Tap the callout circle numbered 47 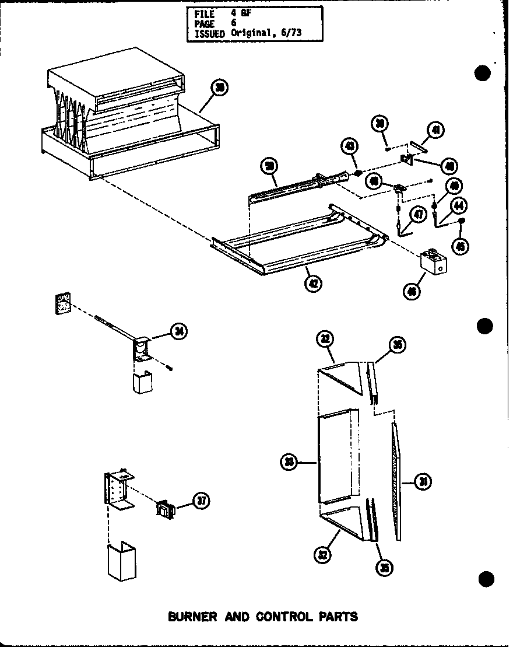(417, 215)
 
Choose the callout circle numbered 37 (201, 500)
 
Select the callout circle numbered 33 (289, 463)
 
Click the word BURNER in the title (193, 616)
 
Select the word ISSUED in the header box (207, 33)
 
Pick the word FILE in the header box (199, 13)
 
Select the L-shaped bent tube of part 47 (402, 226)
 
